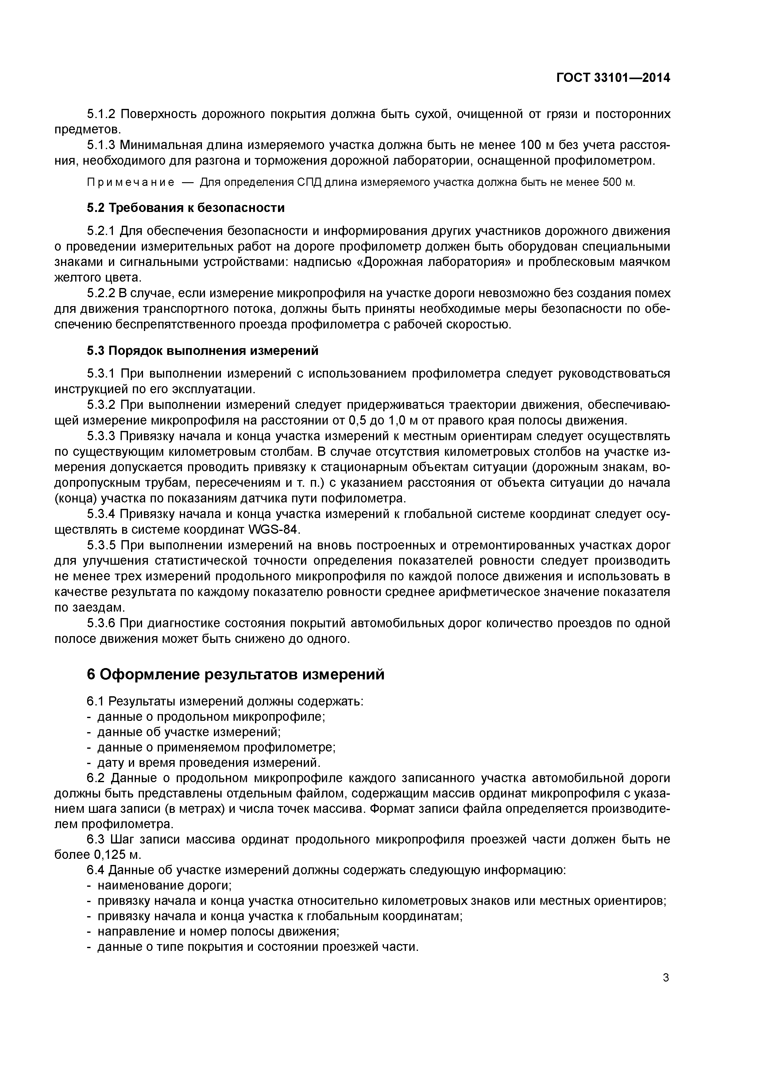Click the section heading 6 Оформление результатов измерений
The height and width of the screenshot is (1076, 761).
(x=235, y=674)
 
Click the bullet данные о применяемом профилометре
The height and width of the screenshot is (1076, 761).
(x=216, y=747)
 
